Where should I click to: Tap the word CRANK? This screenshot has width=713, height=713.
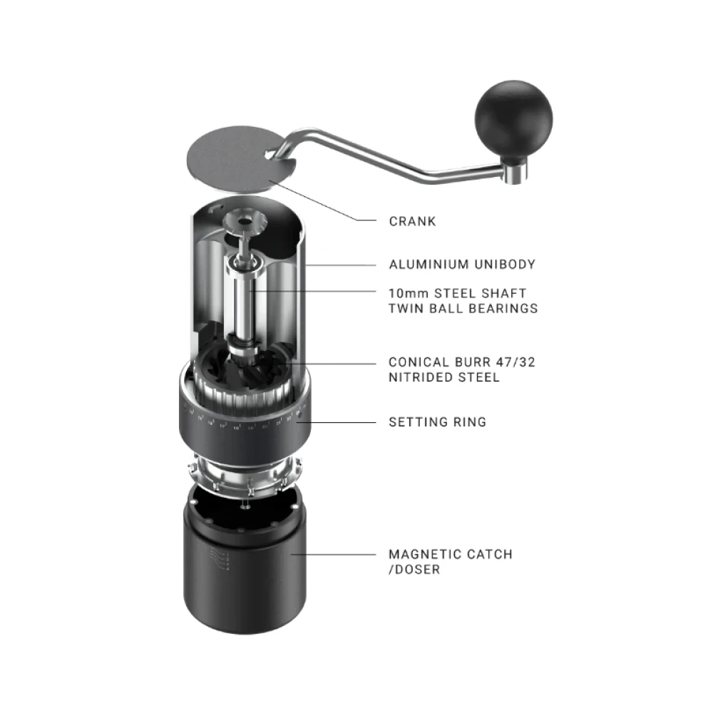click(412, 222)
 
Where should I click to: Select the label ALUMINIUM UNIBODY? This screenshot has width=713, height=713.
click(462, 265)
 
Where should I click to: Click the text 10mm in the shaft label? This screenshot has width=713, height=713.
click(409, 293)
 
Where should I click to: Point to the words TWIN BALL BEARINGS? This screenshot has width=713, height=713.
click(463, 308)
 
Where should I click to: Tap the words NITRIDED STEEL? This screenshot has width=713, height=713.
click(443, 377)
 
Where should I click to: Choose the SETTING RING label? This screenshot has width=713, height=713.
click(438, 422)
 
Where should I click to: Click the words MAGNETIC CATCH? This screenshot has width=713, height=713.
click(451, 554)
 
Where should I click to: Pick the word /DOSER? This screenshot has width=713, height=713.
click(414, 569)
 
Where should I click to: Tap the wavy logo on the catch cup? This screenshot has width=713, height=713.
click(219, 559)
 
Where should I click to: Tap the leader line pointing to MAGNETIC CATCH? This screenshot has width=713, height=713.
click(333, 554)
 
